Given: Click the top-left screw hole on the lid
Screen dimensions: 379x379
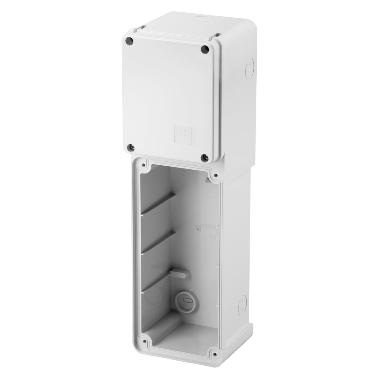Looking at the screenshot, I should coord(131,40).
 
